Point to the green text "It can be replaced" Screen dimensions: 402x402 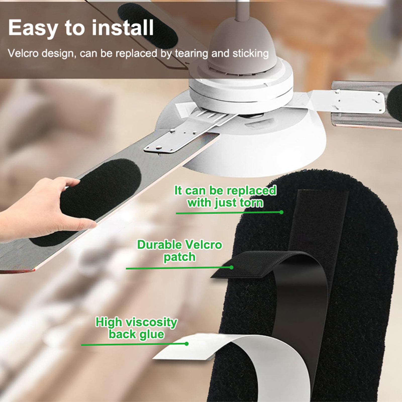coord(225,190)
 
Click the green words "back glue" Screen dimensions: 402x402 coord(136,334)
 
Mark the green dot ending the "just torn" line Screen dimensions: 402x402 coord(281,212)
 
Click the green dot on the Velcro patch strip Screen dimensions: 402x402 coord(231,267)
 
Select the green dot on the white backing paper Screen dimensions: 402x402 coord(186,343)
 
